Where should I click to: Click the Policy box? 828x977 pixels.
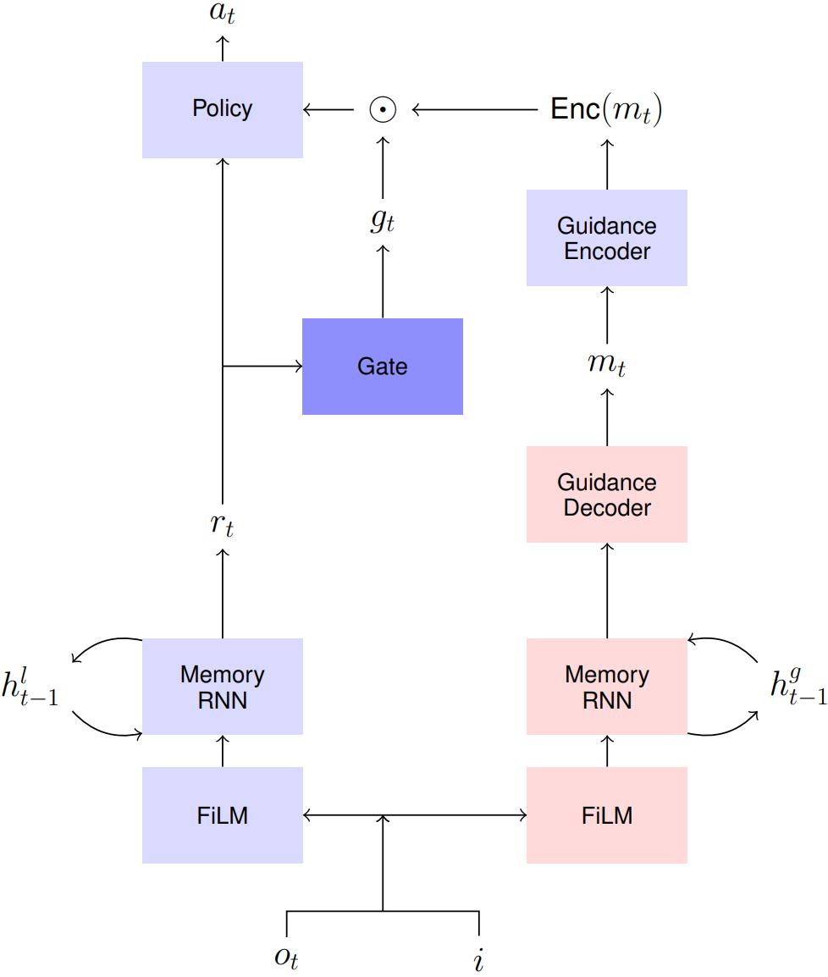pos(222,110)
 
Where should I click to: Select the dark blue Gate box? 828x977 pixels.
pos(383,367)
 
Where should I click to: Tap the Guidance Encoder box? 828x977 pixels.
pos(607,238)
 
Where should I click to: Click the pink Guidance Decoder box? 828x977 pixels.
pos(607,494)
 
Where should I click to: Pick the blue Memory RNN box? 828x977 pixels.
pos(222,687)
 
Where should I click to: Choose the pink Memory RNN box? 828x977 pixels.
pos(607,687)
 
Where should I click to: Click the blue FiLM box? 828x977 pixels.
pos(222,815)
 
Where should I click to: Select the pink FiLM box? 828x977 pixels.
pos(607,815)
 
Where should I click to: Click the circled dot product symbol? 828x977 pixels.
pos(383,110)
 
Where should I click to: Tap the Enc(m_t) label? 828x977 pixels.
pos(606,110)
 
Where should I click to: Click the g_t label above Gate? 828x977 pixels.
pos(383,222)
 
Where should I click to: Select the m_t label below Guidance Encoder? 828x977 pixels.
pos(607,365)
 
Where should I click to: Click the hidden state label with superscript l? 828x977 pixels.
pos(30,687)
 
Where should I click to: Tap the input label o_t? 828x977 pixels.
pos(286,958)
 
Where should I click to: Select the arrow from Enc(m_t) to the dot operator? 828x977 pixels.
pos(474,110)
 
